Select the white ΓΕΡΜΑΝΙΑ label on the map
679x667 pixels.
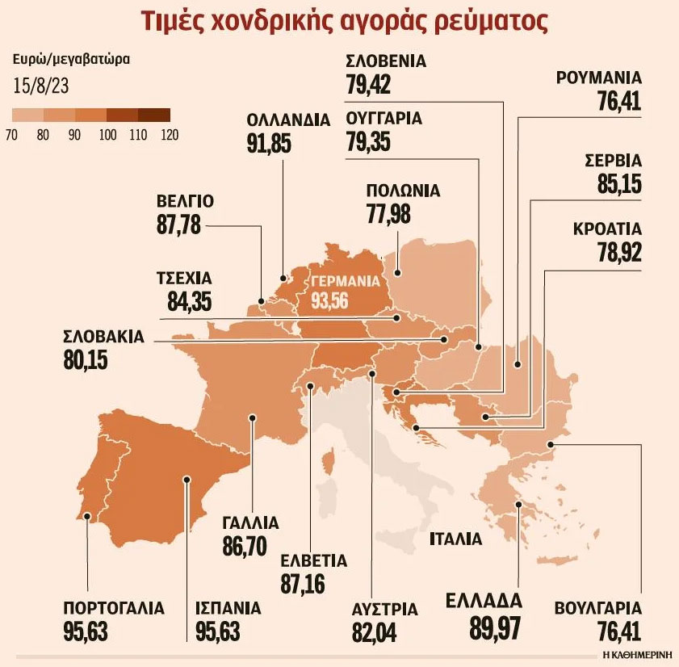coord(345,283)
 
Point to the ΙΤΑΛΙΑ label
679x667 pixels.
coord(455,539)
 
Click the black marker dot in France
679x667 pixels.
coord(253,418)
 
